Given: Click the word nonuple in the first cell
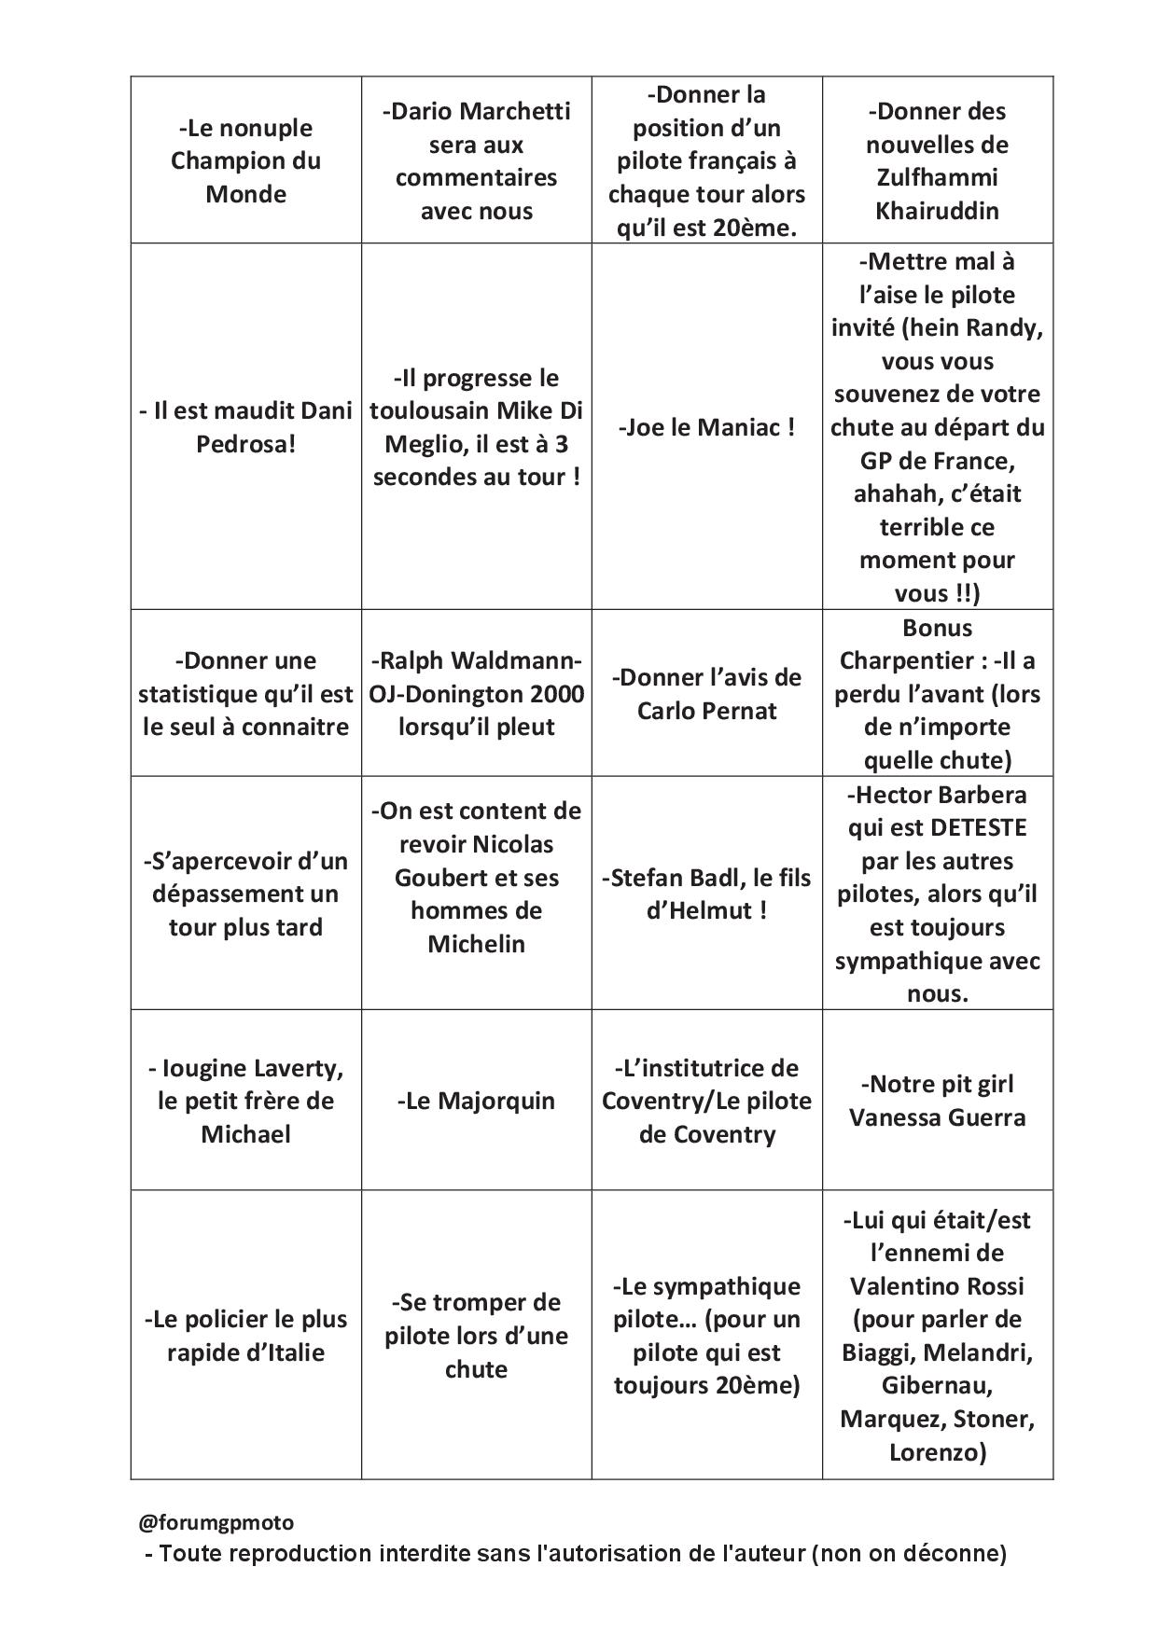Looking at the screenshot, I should click(266, 128).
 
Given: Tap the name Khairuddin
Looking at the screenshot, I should click(937, 211).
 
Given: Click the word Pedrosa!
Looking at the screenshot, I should click(246, 444).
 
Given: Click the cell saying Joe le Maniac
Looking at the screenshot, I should click(706, 428).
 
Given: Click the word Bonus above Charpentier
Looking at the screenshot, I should click(937, 628).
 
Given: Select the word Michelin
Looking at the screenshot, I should click(476, 944).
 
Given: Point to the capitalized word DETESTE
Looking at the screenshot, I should click(979, 827).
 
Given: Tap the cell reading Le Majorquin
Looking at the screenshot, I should click(476, 1101).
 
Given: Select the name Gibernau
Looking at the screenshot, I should click(937, 1386).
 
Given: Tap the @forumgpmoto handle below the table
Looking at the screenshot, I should click(216, 1522).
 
